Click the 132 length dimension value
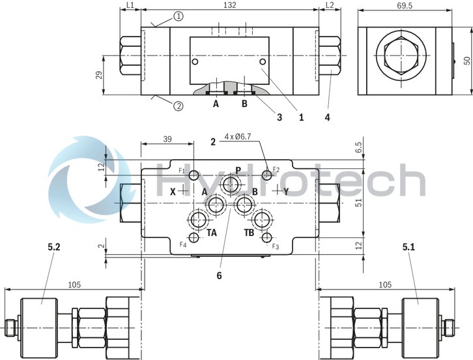click(x=230, y=5)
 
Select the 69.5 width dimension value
click(x=403, y=5)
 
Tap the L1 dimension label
click(x=130, y=5)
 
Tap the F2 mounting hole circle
click(x=266, y=174)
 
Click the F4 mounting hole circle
click(x=193, y=237)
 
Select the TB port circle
click(x=263, y=219)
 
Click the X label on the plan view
click(x=173, y=191)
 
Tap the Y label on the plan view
click(x=285, y=191)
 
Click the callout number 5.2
click(x=54, y=247)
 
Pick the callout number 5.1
click(x=408, y=247)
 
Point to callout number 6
click(x=220, y=275)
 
